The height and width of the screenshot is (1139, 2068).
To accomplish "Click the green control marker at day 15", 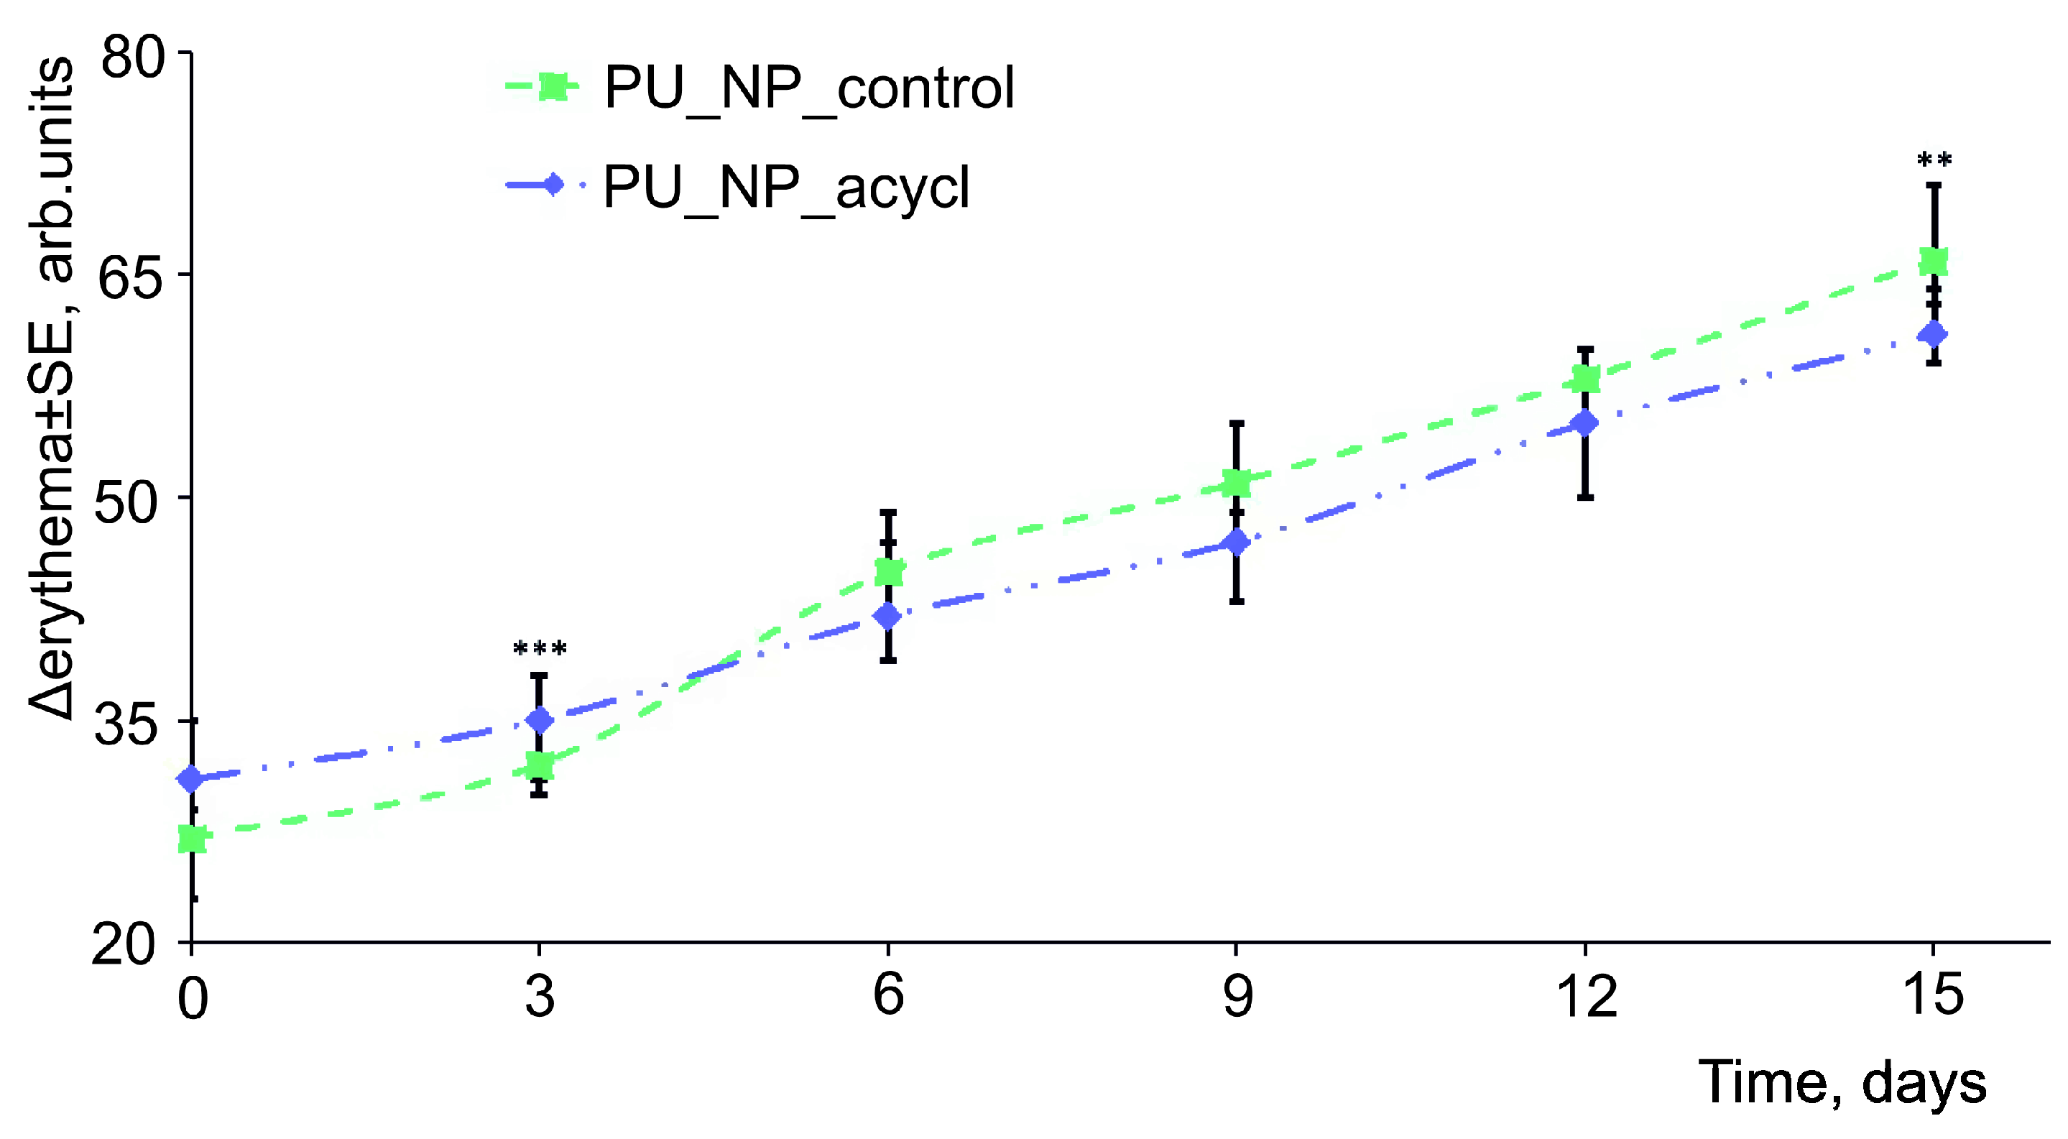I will pyautogui.click(x=1934, y=262).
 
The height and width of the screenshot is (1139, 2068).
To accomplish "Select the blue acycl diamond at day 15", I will pyautogui.click(x=1934, y=333).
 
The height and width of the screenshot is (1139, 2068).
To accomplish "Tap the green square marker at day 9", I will pyautogui.click(x=1237, y=483).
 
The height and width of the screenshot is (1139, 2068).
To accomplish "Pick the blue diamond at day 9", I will pyautogui.click(x=1237, y=542).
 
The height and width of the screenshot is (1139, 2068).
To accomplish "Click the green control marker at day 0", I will pyautogui.click(x=193, y=839).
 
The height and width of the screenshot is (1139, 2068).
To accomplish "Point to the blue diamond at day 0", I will pyautogui.click(x=191, y=778).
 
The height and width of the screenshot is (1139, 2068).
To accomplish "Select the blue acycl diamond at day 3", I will pyautogui.click(x=540, y=720).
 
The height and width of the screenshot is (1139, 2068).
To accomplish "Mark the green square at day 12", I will pyautogui.click(x=1586, y=379).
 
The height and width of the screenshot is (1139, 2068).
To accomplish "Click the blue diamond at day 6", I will pyautogui.click(x=888, y=616).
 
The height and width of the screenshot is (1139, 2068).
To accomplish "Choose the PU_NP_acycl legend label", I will pyautogui.click(x=787, y=186).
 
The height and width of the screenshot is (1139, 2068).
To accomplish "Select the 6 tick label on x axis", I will pyautogui.click(x=888, y=995).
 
